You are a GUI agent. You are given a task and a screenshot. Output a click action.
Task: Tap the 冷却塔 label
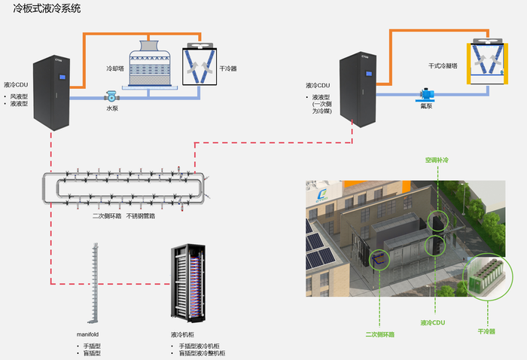click(115, 68)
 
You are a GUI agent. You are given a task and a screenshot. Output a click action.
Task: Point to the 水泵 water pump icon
click(111, 96)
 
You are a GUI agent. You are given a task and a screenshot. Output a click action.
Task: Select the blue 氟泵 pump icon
click(426, 95)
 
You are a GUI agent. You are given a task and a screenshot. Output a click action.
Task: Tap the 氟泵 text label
click(426, 106)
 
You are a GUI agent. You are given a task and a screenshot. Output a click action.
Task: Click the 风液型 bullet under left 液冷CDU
click(19, 96)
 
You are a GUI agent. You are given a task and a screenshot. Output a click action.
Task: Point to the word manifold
click(88, 334)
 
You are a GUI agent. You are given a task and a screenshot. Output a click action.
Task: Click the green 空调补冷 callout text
click(436, 160)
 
